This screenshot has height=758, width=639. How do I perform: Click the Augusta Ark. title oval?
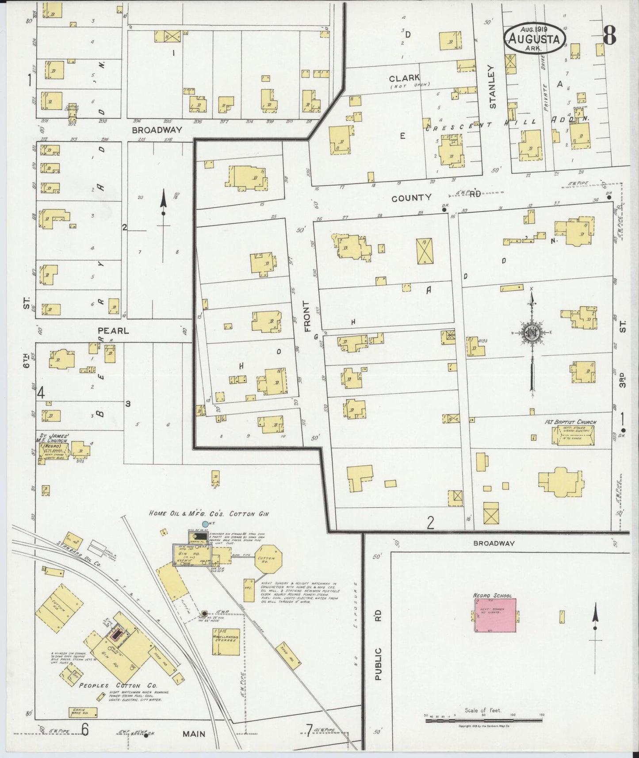(535, 38)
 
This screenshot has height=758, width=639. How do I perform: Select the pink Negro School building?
(495, 615)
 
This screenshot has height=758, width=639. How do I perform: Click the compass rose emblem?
(531, 333)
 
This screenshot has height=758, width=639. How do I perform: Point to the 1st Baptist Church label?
(570, 422)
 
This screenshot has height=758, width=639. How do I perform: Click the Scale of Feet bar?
(484, 720)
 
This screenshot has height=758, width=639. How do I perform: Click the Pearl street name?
(113, 330)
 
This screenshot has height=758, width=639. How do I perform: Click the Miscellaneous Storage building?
(226, 642)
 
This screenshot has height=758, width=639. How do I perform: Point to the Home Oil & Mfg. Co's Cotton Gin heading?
(208, 514)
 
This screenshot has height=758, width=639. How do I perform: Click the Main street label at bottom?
(194, 734)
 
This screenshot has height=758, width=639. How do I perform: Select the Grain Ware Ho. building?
(83, 712)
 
